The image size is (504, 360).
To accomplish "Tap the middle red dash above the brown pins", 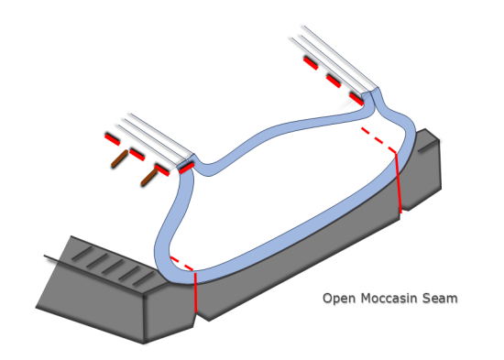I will click(137, 153).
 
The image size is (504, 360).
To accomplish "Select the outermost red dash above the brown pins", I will click(112, 138).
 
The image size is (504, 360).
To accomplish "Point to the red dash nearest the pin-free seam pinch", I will click(357, 95).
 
